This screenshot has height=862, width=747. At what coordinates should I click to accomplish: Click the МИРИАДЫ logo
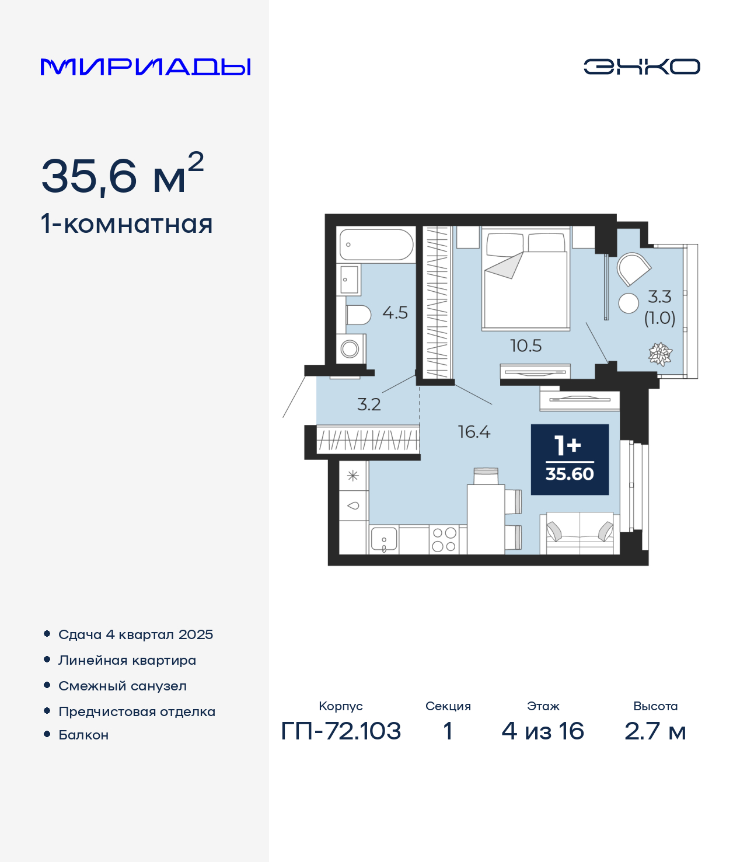pos(145,67)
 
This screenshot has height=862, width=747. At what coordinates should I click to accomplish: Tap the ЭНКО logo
pos(641,67)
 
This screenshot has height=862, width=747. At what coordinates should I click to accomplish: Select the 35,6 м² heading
pos(123,173)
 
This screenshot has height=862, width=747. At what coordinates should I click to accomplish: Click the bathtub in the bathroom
pos(376,245)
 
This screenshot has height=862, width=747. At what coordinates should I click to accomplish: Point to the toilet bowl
pos(358,315)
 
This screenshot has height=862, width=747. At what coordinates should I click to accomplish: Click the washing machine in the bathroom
pos(351,348)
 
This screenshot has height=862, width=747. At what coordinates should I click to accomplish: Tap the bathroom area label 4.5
pos(395,313)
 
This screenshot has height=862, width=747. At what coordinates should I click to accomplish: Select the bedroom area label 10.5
pos(526,346)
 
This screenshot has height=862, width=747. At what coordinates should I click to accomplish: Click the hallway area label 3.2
pos(369,404)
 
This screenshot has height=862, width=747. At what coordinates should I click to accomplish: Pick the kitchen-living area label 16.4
pos(474,432)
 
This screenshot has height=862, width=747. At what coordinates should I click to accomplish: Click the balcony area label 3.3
pos(659,297)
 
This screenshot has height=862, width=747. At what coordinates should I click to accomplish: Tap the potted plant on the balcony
pos(660,354)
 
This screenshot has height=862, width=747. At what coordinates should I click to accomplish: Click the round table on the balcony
pos(629,303)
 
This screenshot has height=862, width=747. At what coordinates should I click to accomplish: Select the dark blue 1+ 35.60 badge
pos(570,459)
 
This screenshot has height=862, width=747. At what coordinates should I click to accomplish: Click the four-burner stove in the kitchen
pos(444,539)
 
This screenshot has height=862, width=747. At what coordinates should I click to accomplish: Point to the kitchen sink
pos(384,540)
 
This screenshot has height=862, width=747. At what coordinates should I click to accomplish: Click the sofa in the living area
pos(580,533)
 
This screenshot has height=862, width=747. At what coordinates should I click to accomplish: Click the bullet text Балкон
pos(83,735)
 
